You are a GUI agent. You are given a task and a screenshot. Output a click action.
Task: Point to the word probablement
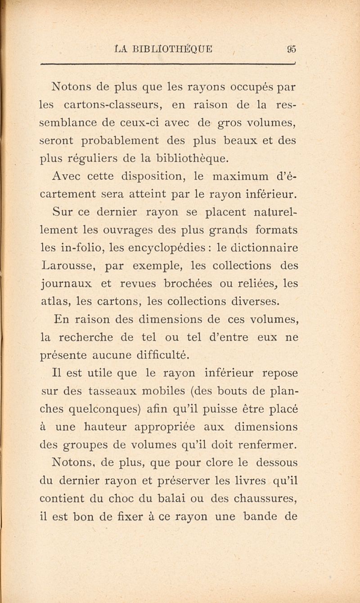click(x=121, y=140)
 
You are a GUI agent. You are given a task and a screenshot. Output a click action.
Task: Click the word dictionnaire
click(x=260, y=247)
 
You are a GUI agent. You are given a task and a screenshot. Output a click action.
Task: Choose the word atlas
click(x=54, y=301)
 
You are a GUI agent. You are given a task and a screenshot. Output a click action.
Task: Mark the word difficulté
click(x=154, y=355)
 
